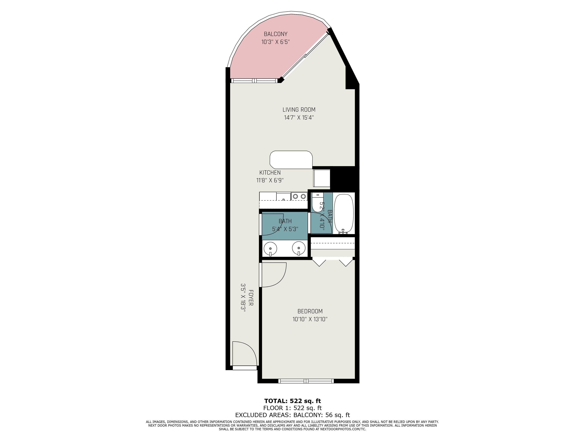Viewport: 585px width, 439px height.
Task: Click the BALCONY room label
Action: coord(276,34)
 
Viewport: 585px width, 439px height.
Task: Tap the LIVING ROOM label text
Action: coord(299,110)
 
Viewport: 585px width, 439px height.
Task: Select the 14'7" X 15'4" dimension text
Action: coord(299,118)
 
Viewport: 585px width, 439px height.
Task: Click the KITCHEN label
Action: coord(270,172)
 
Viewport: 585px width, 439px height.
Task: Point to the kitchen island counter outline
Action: coord(291,160)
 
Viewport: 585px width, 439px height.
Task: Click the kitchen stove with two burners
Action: coord(299,196)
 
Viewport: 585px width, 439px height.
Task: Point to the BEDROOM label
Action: coord(310,311)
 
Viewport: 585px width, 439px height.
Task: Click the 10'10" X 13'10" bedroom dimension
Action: coord(310,319)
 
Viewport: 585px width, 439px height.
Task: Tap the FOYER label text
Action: coord(251,298)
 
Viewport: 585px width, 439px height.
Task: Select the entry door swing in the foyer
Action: coord(245,353)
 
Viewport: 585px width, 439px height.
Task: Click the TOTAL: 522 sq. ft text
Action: coord(292,401)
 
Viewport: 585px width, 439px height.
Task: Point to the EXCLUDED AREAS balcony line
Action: coord(292,415)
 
